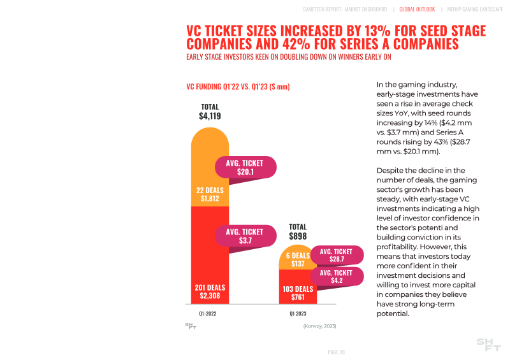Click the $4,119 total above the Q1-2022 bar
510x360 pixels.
point(210,116)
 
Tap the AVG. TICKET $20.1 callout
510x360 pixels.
point(245,168)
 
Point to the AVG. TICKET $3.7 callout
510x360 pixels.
point(245,236)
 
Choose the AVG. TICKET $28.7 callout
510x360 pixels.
point(336,256)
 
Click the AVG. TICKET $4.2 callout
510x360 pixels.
point(336,277)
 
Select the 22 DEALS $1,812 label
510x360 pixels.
point(210,194)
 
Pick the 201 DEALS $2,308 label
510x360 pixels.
point(210,292)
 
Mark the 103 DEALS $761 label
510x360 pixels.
point(298,293)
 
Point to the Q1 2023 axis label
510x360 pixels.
point(298,314)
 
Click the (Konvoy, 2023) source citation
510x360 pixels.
point(319,326)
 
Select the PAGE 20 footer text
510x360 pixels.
point(336,352)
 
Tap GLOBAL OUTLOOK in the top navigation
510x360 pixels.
point(417,10)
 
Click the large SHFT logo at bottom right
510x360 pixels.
point(489,345)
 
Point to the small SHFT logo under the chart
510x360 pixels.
point(191,326)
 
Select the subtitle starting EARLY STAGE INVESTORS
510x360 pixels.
point(288,57)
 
